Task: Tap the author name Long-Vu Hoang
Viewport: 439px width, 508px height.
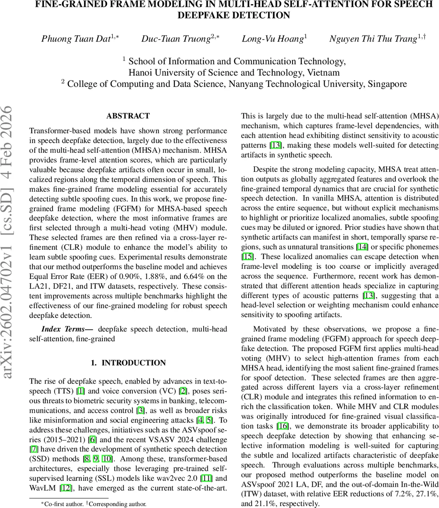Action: tap(273, 39)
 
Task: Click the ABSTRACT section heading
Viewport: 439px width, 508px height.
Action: tap(128, 116)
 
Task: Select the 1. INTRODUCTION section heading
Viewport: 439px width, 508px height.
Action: tap(128, 363)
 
